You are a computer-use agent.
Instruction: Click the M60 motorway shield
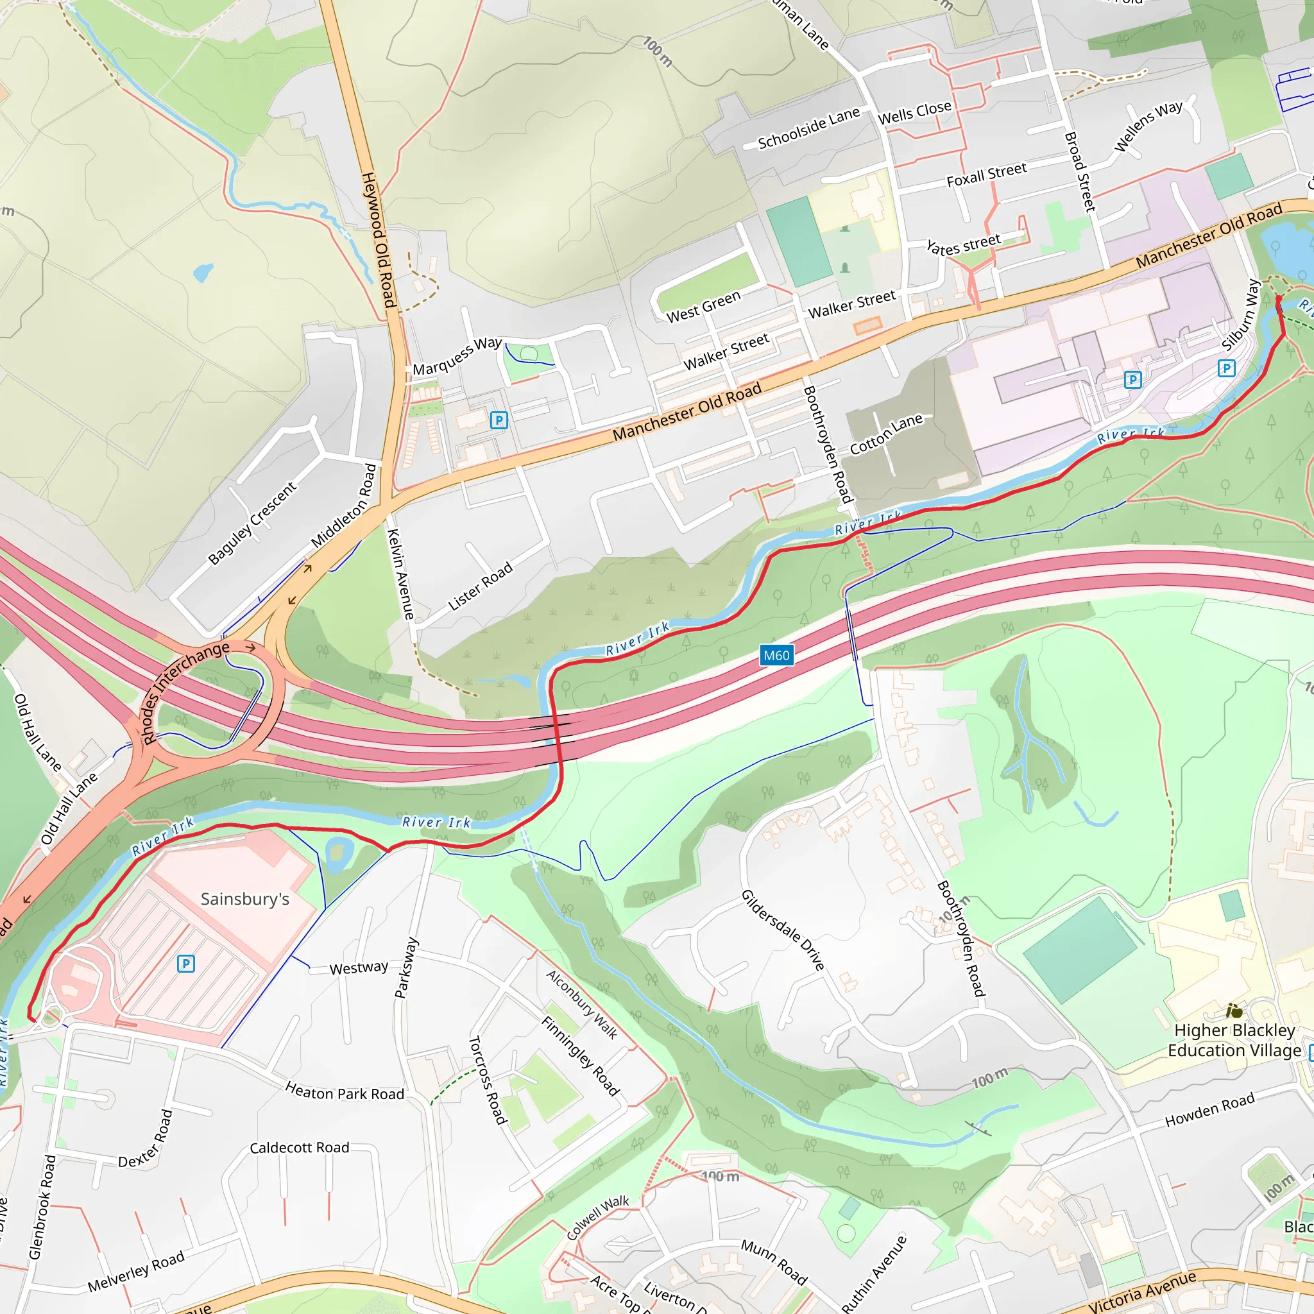(x=776, y=656)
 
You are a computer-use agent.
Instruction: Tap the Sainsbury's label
(x=245, y=899)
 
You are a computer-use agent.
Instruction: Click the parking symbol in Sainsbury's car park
(x=185, y=963)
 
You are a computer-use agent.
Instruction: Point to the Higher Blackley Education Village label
(x=1234, y=1040)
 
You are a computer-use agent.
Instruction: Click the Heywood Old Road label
(x=378, y=239)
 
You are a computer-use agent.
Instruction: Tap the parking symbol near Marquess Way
(x=499, y=420)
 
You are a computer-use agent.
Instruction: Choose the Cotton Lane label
(x=886, y=434)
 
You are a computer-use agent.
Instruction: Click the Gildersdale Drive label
(x=783, y=930)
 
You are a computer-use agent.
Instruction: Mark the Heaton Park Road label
(x=344, y=1092)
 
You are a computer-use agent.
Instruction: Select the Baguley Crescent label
(x=252, y=523)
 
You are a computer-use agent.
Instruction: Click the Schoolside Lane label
(x=808, y=128)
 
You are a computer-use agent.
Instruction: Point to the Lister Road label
(x=480, y=586)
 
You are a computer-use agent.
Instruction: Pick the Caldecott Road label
(x=299, y=1148)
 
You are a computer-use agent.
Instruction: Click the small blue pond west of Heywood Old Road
(x=203, y=273)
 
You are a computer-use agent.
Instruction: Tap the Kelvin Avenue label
(x=400, y=574)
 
